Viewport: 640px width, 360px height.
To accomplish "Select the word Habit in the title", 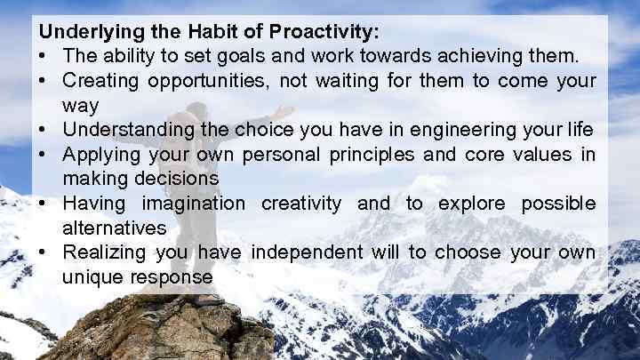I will (211, 32).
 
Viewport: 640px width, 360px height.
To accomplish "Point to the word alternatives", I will (115, 228).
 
